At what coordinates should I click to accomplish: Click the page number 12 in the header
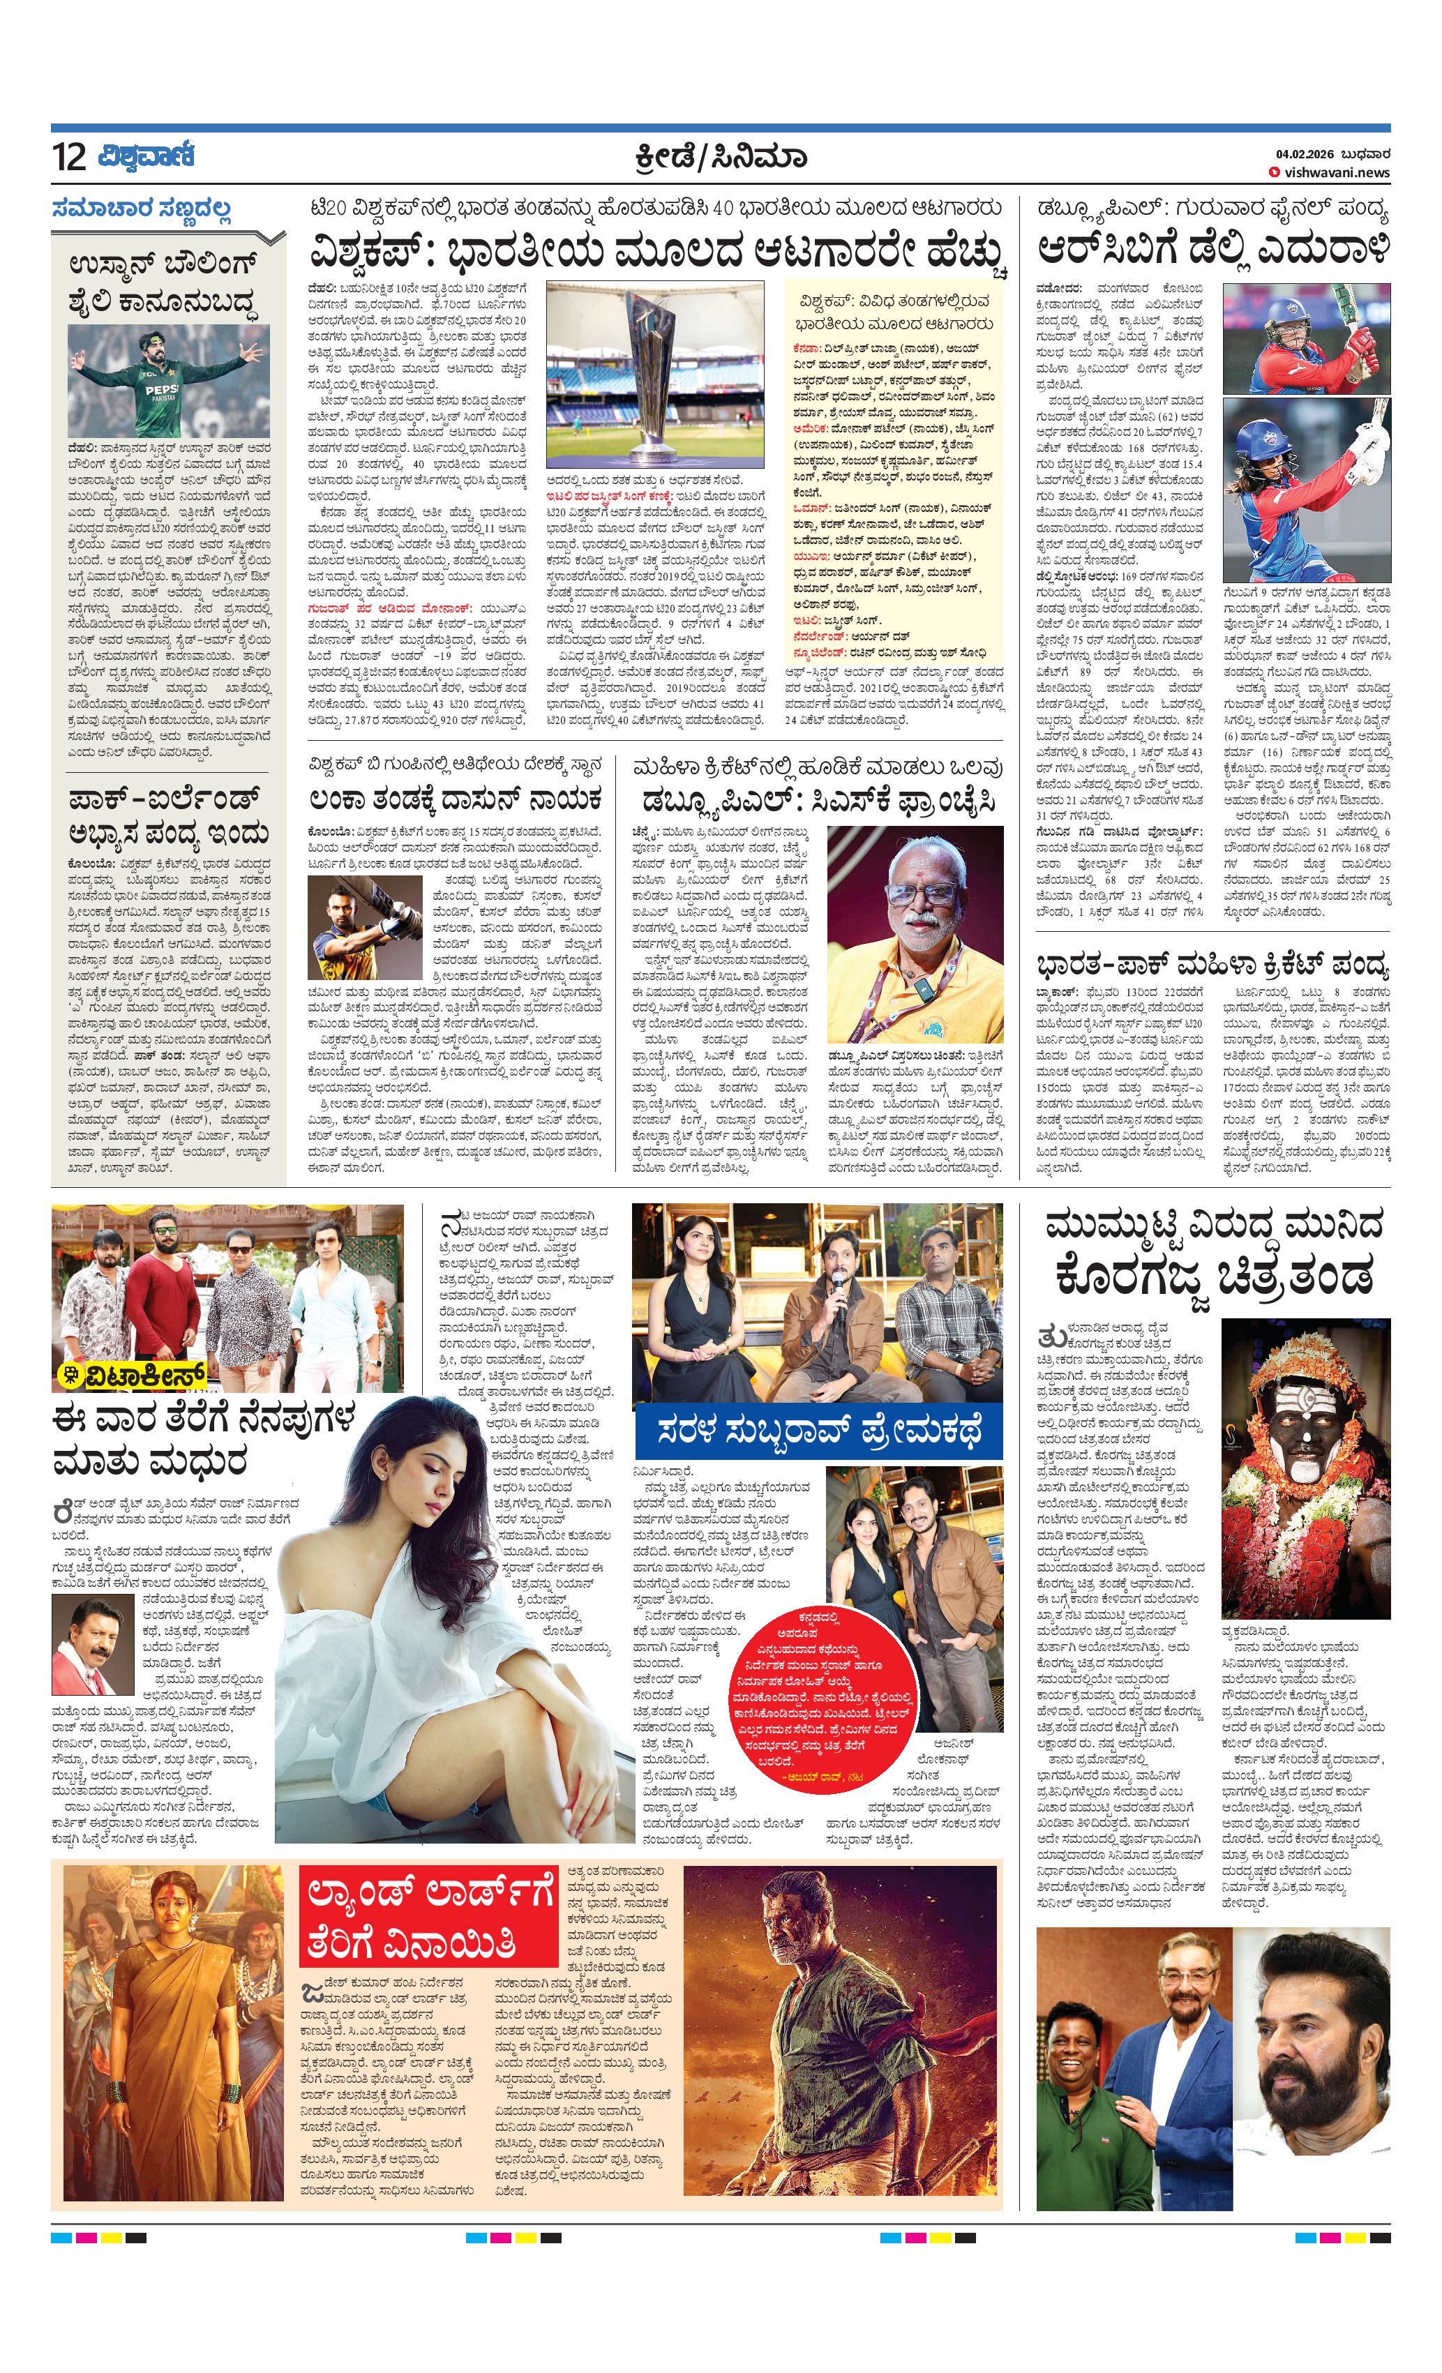(69, 156)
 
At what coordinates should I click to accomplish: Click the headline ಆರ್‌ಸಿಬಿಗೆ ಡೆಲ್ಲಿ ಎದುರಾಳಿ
(1212, 250)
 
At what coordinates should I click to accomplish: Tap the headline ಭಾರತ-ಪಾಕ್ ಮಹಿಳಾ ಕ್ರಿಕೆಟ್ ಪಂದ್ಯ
(1212, 964)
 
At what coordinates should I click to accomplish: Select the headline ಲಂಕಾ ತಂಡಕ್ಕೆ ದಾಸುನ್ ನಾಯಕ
(456, 800)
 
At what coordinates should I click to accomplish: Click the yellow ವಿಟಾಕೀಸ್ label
(133, 1376)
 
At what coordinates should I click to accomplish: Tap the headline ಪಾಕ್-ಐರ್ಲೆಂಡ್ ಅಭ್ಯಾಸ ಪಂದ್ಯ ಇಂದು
(169, 817)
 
